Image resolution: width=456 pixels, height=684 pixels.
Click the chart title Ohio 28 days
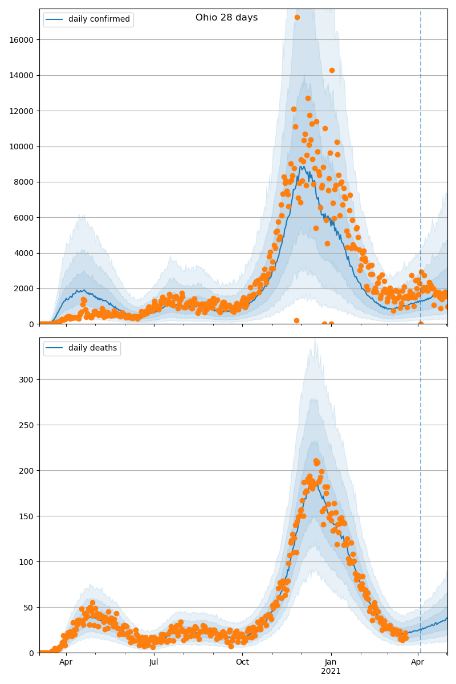[x=226, y=18]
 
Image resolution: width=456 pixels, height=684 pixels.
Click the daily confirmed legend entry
[x=99, y=19]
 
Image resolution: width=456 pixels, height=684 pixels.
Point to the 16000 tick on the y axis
[x=22, y=40]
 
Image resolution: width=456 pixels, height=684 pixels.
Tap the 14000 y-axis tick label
[x=22, y=75]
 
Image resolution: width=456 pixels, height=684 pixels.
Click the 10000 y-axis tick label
[x=22, y=146]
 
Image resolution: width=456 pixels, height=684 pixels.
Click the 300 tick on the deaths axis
[x=28, y=380]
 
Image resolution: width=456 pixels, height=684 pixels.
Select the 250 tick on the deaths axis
[x=28, y=425]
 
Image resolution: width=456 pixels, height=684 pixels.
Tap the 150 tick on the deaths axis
[x=28, y=516]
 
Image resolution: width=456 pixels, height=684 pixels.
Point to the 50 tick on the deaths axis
[x=30, y=608]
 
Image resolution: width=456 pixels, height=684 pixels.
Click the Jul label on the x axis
[x=154, y=662]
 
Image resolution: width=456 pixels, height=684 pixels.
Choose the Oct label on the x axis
[x=242, y=662]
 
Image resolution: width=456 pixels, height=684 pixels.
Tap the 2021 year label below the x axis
[x=331, y=671]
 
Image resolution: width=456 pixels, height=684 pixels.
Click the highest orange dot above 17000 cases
[x=297, y=18]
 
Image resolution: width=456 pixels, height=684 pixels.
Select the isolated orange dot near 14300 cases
[x=332, y=71]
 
